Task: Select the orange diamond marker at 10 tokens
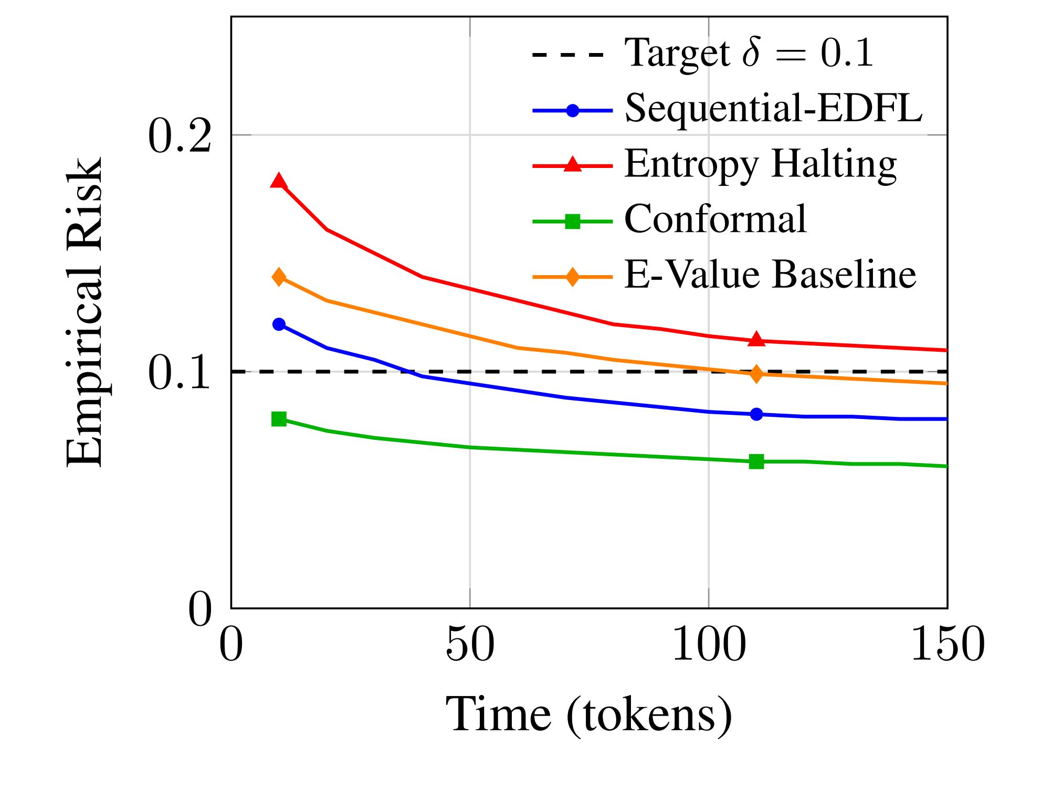279,277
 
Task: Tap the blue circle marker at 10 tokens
279,324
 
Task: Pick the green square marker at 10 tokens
279,419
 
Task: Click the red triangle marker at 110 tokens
756,340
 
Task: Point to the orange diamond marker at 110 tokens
756,374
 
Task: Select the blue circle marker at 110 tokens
756,414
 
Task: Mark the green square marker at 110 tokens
756,462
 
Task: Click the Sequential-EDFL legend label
773,109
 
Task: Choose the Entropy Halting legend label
760,165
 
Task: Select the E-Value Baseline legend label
770,275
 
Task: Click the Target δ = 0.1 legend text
749,53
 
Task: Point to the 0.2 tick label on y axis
180,136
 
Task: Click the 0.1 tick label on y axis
180,373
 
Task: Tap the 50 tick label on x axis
470,645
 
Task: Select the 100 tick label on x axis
709,645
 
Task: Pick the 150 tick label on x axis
948,645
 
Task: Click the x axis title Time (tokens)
588,715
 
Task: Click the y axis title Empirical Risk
84,312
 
